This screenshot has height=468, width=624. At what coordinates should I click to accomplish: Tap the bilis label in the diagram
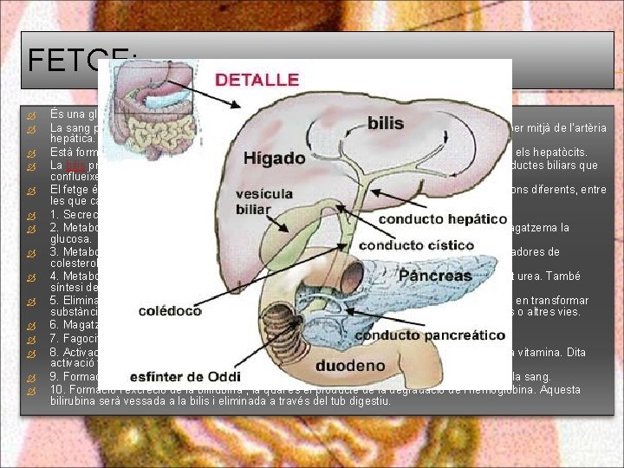click(386, 122)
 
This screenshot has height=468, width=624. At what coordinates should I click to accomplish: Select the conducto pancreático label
click(430, 335)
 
